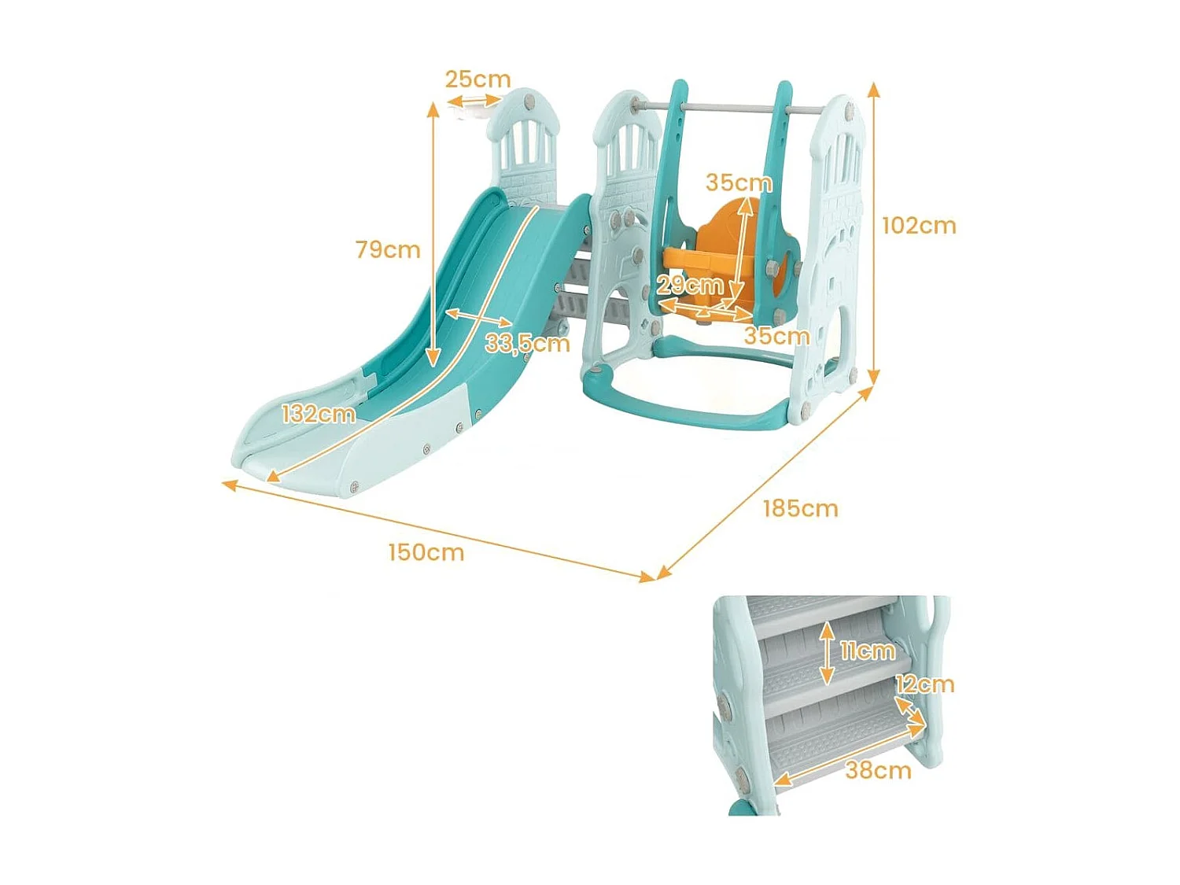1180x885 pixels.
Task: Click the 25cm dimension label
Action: pyautogui.click(x=478, y=79)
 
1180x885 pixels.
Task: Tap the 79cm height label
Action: pyautogui.click(x=388, y=249)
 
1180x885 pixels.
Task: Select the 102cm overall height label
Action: pyautogui.click(x=919, y=226)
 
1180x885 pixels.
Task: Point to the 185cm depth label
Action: pyautogui.click(x=800, y=508)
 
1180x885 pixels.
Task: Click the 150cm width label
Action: pyautogui.click(x=426, y=552)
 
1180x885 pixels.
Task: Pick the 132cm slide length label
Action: pyautogui.click(x=319, y=413)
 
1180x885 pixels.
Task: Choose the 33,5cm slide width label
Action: pyautogui.click(x=527, y=343)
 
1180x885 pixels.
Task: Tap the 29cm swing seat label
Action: pyautogui.click(x=690, y=284)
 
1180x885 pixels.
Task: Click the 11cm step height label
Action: pyautogui.click(x=867, y=651)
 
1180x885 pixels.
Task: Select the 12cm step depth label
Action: pyautogui.click(x=925, y=684)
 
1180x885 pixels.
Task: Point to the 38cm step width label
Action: pyautogui.click(x=878, y=769)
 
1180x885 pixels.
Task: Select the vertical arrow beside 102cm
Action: pyautogui.click(x=873, y=232)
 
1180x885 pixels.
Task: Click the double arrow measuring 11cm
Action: pyautogui.click(x=826, y=652)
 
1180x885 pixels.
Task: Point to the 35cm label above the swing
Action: pyautogui.click(x=739, y=183)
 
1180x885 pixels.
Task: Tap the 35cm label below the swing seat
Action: pyautogui.click(x=776, y=336)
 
